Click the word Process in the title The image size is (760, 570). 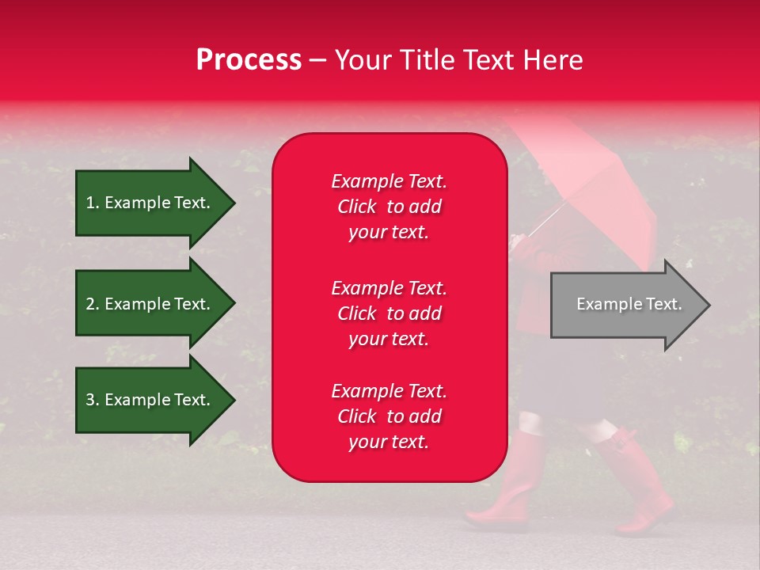(x=249, y=60)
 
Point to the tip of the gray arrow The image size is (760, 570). (x=710, y=306)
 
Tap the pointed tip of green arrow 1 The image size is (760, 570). (x=235, y=203)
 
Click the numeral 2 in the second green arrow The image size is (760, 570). (x=90, y=304)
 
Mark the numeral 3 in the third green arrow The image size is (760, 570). (x=90, y=400)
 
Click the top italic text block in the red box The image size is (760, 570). (x=389, y=207)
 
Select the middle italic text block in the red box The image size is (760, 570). (x=389, y=313)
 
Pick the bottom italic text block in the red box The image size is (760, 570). (x=389, y=416)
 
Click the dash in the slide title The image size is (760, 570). (x=317, y=61)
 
